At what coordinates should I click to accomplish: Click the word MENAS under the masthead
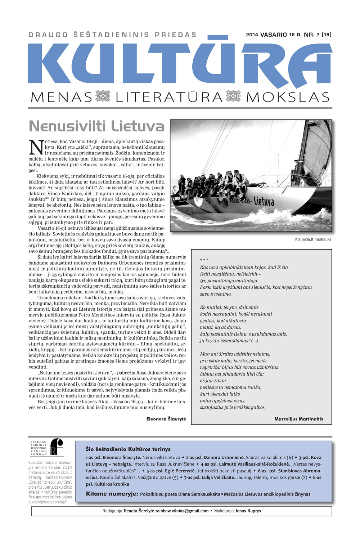(x=62, y=97)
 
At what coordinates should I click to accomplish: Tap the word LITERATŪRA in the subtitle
(x=169, y=97)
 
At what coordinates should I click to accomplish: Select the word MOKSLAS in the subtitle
(x=288, y=97)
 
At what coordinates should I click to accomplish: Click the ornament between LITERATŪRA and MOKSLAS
(x=233, y=97)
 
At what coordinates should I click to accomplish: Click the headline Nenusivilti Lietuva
(x=96, y=126)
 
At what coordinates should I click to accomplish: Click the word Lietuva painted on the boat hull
(x=264, y=201)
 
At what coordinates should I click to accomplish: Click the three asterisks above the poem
(x=204, y=260)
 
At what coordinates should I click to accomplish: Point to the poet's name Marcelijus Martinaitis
(x=298, y=419)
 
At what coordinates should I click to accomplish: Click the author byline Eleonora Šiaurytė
(x=166, y=419)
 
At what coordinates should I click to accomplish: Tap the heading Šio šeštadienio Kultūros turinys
(x=128, y=449)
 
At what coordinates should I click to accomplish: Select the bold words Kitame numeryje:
(x=112, y=494)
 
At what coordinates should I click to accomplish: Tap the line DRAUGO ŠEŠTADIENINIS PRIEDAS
(x=112, y=35)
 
